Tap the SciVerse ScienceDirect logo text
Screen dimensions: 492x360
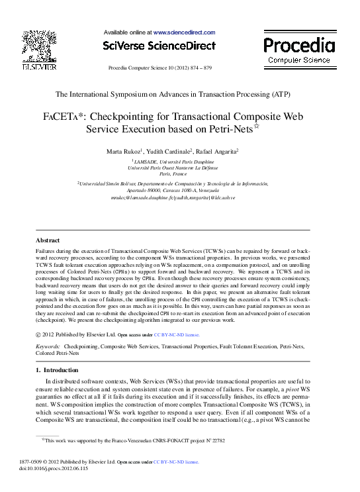tap(159, 46)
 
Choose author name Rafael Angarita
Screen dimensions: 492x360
tap(217, 152)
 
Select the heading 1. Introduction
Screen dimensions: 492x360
tap(56, 369)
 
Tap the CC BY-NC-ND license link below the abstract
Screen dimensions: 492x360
tap(176, 335)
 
